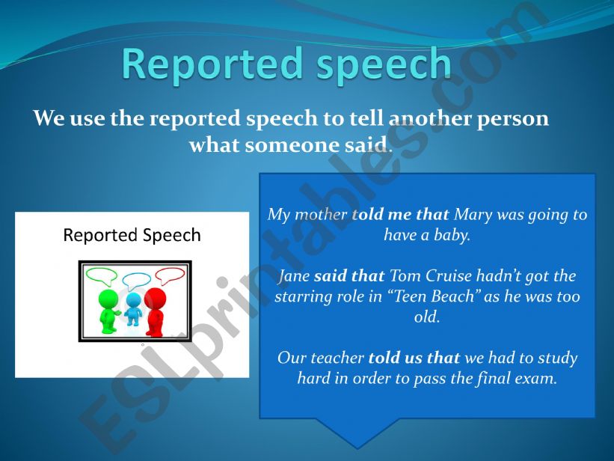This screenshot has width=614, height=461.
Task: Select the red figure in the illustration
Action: [x=156, y=311]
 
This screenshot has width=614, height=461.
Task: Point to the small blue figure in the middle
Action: [x=133, y=309]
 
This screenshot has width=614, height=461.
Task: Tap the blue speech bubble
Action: [x=136, y=281]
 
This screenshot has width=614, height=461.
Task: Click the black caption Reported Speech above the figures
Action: [x=132, y=236]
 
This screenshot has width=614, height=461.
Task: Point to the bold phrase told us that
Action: [x=416, y=358]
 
